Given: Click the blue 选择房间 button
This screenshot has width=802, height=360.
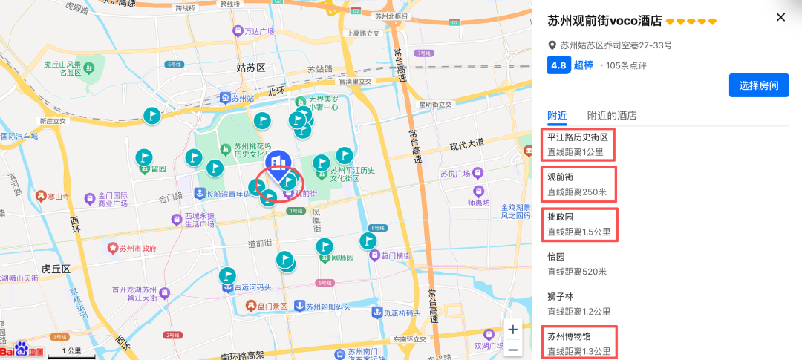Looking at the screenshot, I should pyautogui.click(x=757, y=85).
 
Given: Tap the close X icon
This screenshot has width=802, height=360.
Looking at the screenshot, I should pyautogui.click(x=780, y=17).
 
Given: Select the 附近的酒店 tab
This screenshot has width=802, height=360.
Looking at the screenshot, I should pyautogui.click(x=611, y=115).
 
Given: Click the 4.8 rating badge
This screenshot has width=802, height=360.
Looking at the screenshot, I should pyautogui.click(x=558, y=65).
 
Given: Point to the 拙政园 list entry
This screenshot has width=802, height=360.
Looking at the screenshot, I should pyautogui.click(x=579, y=223).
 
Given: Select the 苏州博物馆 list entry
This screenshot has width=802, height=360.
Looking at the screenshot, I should pyautogui.click(x=579, y=343).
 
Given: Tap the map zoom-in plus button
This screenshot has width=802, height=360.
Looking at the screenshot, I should pyautogui.click(x=513, y=328).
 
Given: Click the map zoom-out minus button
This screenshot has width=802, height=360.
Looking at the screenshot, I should pyautogui.click(x=513, y=349).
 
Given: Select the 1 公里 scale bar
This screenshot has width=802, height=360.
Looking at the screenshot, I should pyautogui.click(x=72, y=352).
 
